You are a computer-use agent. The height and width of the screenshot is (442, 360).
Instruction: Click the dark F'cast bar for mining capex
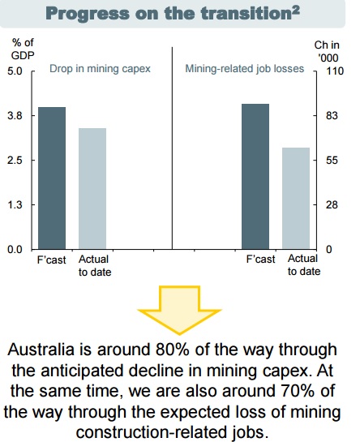coord(52,178)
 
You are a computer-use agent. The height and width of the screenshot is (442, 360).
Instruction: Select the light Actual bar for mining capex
coord(92,189)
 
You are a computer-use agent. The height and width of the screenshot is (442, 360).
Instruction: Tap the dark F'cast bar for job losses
coord(255,177)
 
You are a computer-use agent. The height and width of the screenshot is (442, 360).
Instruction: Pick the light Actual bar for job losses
coord(296,198)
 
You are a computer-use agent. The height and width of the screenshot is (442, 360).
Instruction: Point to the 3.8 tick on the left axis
coord(15,116)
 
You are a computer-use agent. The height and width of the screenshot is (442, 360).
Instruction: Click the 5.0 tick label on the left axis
coord(15,71)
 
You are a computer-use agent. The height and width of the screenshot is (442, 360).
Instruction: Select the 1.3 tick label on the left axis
coord(15,205)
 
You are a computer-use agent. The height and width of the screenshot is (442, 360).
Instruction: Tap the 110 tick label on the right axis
coord(335,71)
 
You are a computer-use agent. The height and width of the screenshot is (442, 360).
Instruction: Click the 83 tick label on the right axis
coord(332,116)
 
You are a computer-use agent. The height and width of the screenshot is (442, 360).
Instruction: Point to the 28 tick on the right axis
coord(332,205)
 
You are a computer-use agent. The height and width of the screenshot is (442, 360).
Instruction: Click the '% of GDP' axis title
coord(23,49)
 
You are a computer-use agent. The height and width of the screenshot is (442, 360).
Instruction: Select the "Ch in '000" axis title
coord(327,51)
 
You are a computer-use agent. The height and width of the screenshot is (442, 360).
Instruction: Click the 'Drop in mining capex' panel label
coord(100,69)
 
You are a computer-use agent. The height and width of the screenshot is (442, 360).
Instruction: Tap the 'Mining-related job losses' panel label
coord(244,69)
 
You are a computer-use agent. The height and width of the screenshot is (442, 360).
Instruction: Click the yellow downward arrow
coord(179,310)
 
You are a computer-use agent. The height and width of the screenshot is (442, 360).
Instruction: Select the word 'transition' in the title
coord(248,14)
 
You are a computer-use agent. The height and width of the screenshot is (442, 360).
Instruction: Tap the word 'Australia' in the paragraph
coord(41,350)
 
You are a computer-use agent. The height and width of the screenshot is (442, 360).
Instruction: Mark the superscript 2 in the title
coord(296,10)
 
